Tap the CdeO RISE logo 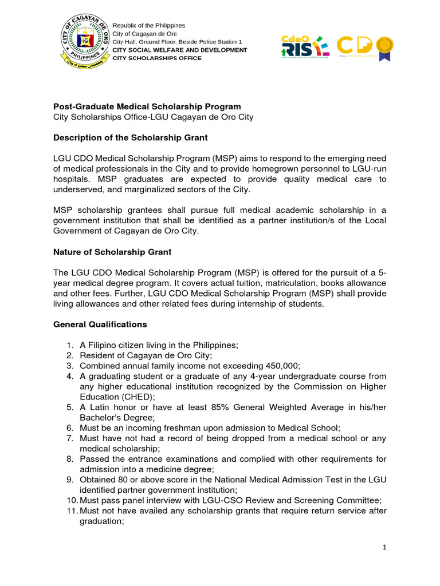304,45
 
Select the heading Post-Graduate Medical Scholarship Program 147,107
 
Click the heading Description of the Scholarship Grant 130,138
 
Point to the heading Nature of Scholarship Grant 112,252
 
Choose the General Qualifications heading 100,324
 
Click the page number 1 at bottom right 385,548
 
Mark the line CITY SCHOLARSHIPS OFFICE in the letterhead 157,58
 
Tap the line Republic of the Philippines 149,26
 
